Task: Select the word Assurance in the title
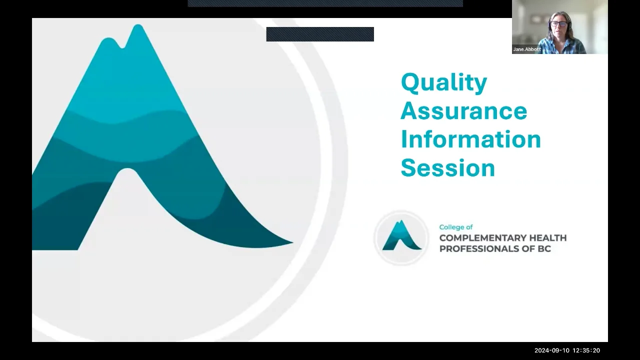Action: pos(463,110)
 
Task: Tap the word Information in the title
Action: pos(470,139)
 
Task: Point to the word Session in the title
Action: pos(447,167)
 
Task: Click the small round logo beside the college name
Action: pos(401,237)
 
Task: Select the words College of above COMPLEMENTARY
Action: pos(455,227)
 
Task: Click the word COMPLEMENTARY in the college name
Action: pos(482,238)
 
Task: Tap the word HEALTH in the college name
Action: pos(547,238)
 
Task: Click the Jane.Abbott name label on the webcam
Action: pos(527,49)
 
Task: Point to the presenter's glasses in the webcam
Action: pos(558,23)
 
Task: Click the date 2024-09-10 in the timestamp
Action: pos(551,350)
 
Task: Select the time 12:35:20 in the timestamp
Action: pos(586,350)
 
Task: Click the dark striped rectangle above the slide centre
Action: pos(320,34)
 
